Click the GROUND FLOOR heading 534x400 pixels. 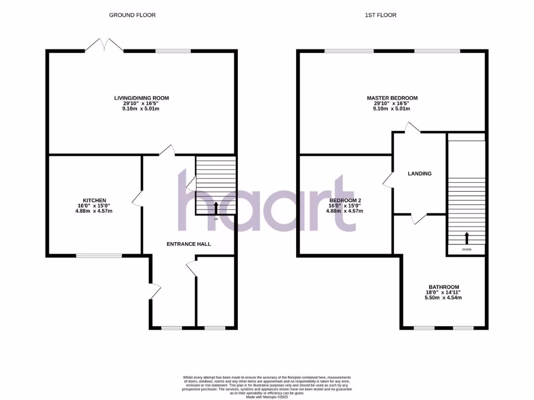[x=132, y=15]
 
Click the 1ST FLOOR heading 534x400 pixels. [x=380, y=15]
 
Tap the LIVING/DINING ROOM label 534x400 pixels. [x=142, y=98]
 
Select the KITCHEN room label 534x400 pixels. [x=95, y=201]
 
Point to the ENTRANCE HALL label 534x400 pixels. [x=188, y=244]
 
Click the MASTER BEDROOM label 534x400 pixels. [x=392, y=98]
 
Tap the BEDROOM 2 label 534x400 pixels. [x=345, y=201]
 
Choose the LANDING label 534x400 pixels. [x=420, y=173]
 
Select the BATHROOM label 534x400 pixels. [x=444, y=287]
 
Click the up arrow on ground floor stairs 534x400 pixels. [x=216, y=207]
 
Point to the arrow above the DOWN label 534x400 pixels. [x=467, y=239]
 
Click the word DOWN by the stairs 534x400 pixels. [x=467, y=250]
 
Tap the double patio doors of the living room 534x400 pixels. [x=104, y=46]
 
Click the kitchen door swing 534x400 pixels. [x=137, y=199]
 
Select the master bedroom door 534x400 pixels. [x=413, y=128]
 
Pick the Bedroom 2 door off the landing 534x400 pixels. [x=388, y=180]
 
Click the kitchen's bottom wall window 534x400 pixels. [x=99, y=255]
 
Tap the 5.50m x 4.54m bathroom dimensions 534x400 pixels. [x=444, y=298]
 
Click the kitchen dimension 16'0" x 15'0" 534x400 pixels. [x=95, y=206]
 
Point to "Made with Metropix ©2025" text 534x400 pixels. [x=267, y=397]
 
